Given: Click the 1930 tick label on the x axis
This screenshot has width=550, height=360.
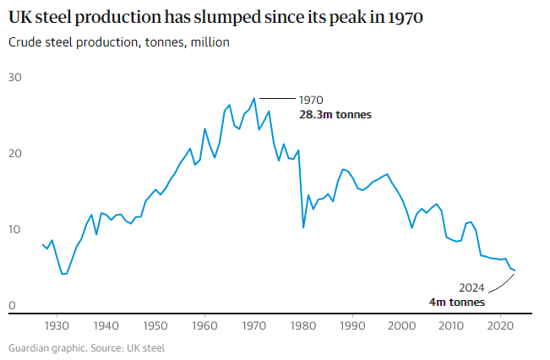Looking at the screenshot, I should coord(57,325).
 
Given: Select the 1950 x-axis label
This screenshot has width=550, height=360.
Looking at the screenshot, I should coord(155,325).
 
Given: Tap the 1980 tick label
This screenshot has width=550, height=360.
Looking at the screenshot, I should coord(303,325).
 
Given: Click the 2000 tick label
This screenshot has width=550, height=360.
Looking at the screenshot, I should coord(402,325).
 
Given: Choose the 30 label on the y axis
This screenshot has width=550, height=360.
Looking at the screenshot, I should coord(15,78).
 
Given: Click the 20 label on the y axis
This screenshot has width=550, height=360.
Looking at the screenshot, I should coord(15,154).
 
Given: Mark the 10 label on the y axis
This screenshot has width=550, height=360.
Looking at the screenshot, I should coord(15,230).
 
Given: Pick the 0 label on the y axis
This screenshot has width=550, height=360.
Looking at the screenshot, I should coord(12,306).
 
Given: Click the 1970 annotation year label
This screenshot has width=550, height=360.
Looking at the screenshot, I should coord(312,100).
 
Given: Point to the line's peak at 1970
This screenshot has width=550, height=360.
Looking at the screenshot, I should coord(253,98).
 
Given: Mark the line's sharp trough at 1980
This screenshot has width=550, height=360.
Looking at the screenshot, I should coord(303,227).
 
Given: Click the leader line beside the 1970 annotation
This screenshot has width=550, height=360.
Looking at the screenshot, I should coord(275,100).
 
